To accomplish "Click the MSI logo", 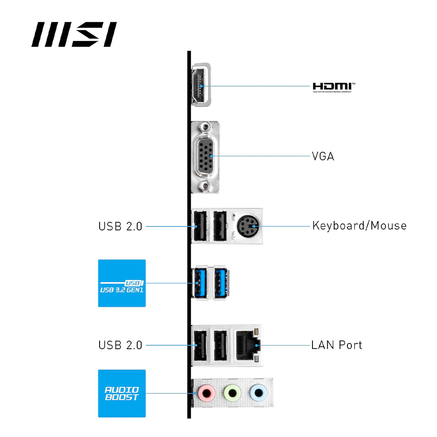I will coord(74,35).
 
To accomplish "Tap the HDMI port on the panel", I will coord(201,86).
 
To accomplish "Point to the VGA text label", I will coord(323,156).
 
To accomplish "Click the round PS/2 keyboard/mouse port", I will coord(247,226).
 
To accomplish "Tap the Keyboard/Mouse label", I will coord(359,226).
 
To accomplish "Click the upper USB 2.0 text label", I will coord(120,226).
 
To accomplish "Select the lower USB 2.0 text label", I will coord(120,345).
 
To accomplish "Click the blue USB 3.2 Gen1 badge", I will coord(121,283).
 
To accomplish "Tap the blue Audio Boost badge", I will coord(121,393).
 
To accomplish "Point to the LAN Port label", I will coord(336,345).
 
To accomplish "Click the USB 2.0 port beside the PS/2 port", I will coord(220,226).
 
